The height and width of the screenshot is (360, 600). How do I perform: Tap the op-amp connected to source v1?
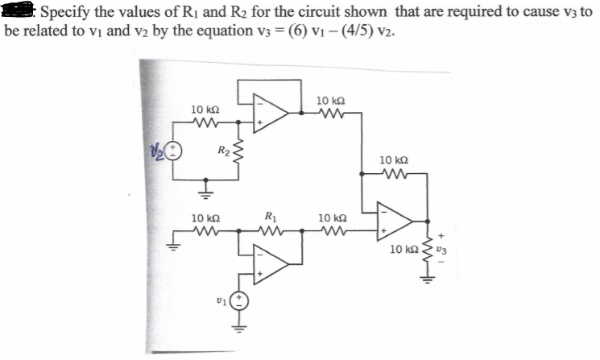271,263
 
